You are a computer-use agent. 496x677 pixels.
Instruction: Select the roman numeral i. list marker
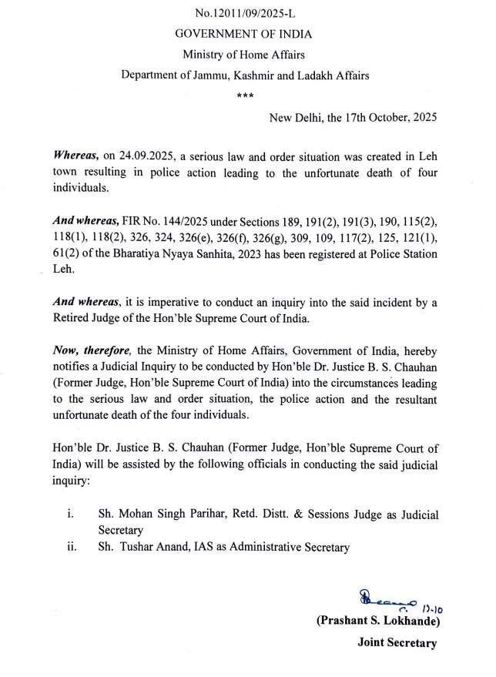[x=70, y=514]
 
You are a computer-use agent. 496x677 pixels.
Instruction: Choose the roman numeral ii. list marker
[x=72, y=547]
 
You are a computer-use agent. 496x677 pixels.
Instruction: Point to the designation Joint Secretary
[x=396, y=642]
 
